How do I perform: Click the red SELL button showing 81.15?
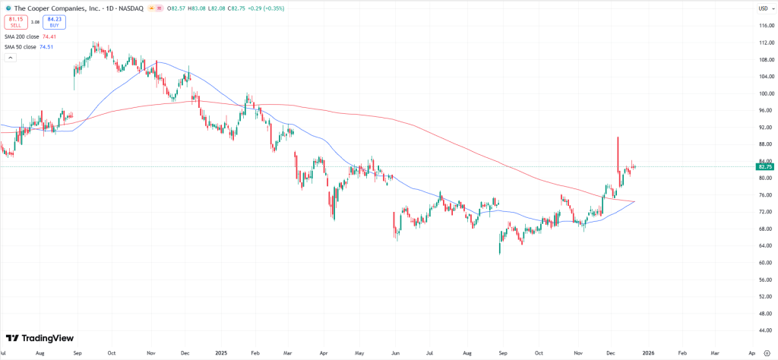(15, 22)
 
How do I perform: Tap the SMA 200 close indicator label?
(21, 36)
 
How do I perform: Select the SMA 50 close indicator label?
(20, 47)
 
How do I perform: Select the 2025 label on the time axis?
(221, 353)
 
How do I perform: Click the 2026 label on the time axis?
(647, 353)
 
